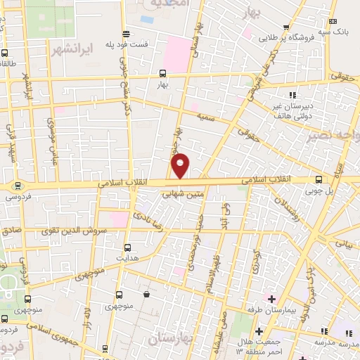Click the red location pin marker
[x=181, y=166]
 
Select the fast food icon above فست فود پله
[x=126, y=33]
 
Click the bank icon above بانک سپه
[x=333, y=21]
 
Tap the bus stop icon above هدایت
[x=127, y=247]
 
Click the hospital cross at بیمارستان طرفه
[x=271, y=298]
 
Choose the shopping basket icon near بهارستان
[x=146, y=294]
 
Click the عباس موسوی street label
[x=50, y=137]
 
